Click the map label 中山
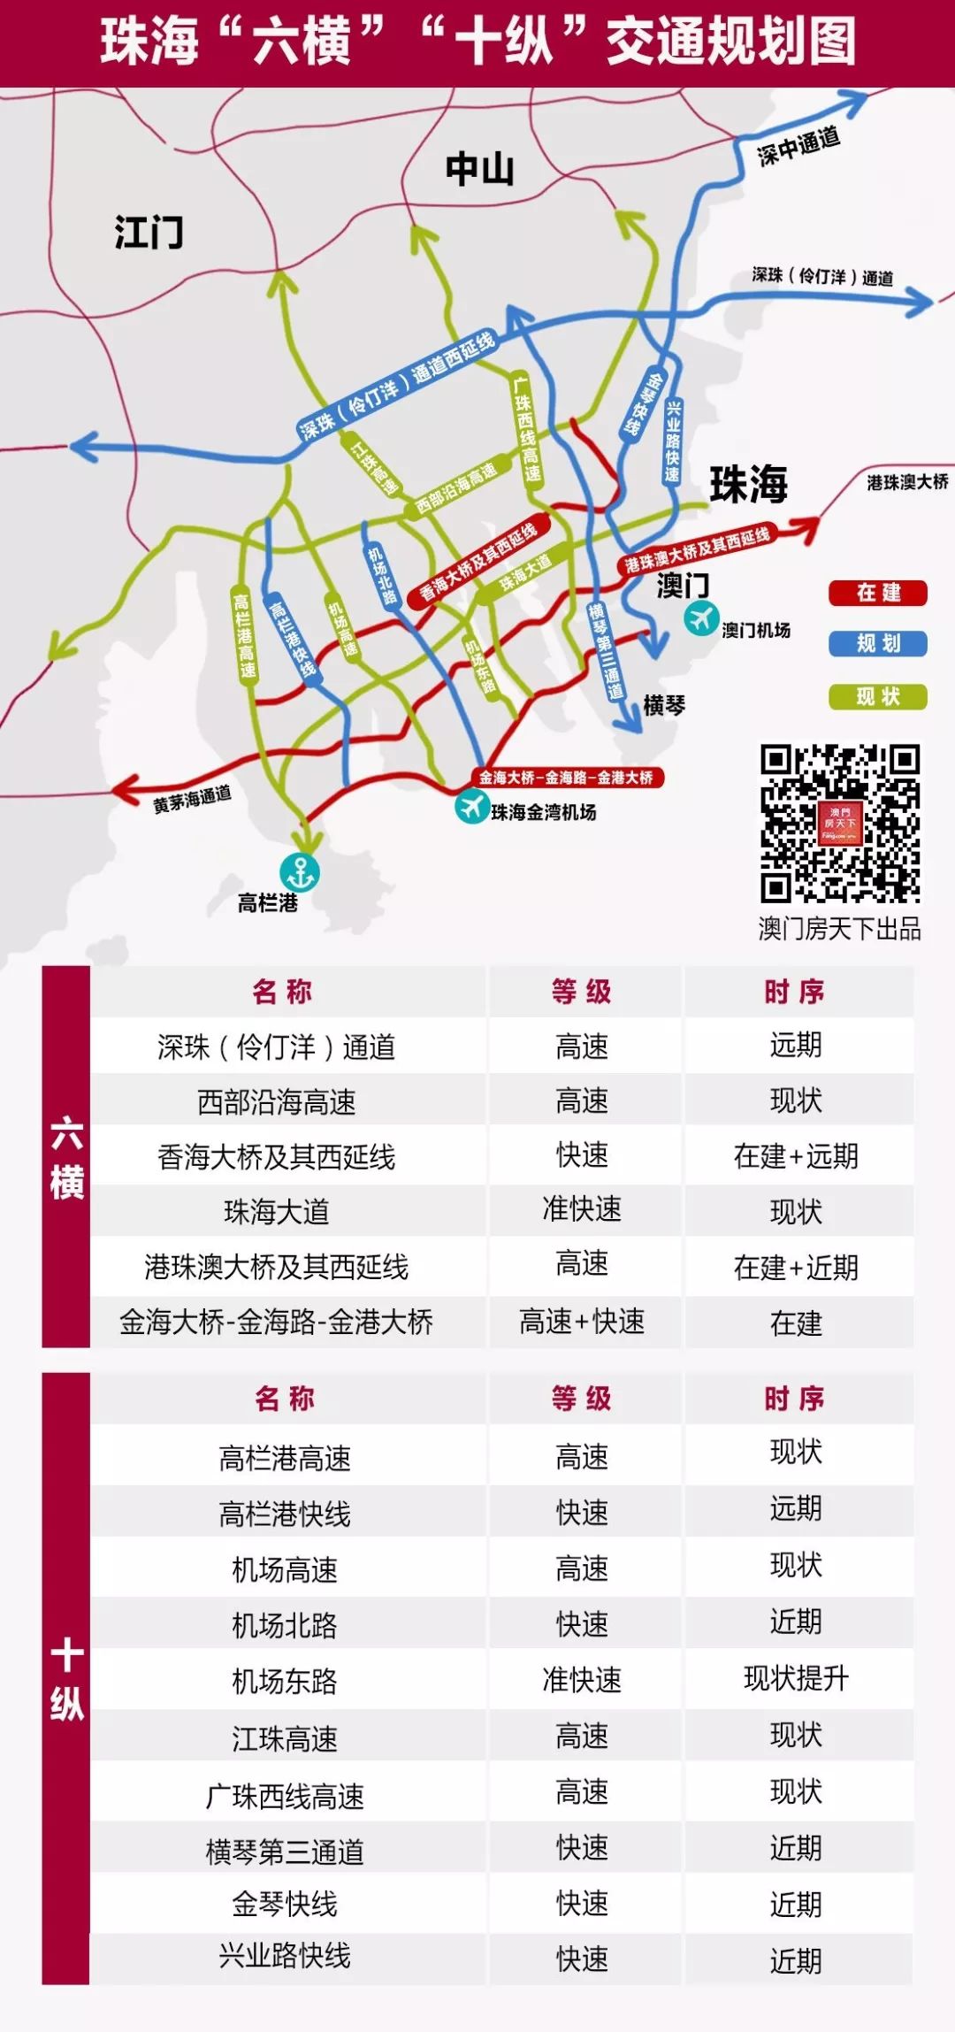point(479,168)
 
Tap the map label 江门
point(149,233)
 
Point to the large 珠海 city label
point(748,484)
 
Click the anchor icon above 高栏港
point(300,872)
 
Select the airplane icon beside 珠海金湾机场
point(472,807)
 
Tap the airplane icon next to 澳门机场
point(701,617)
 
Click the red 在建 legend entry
point(877,593)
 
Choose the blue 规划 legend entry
point(877,643)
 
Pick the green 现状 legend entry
point(877,697)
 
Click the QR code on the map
point(839,824)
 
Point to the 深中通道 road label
point(798,146)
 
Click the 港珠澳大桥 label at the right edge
point(907,482)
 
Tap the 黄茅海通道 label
point(192,799)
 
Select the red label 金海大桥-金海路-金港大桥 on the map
point(566,778)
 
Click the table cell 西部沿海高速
point(276,1102)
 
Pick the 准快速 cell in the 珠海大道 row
point(582,1209)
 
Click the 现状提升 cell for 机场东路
point(796,1677)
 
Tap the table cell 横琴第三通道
point(285,1852)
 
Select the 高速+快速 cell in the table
point(582,1322)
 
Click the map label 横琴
point(664,705)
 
